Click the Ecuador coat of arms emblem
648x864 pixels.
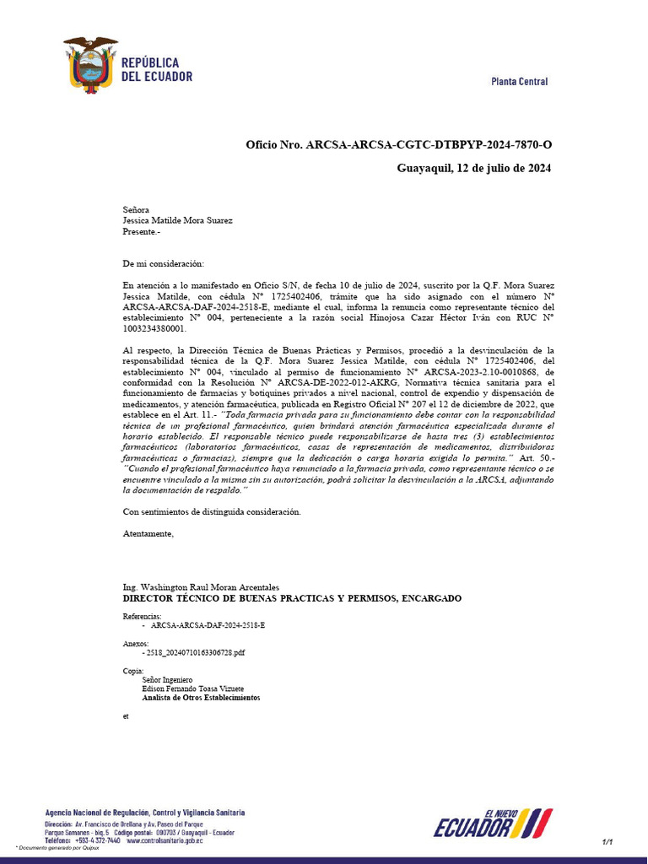pos(90,65)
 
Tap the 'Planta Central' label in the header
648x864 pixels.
pos(519,82)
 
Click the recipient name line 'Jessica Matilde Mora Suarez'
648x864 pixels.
pos(178,221)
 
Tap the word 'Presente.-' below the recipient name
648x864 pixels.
pos(141,232)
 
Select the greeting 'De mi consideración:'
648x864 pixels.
pos(163,264)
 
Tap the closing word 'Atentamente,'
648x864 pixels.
pos(148,533)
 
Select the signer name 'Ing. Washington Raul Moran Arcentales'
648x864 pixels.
pos(201,587)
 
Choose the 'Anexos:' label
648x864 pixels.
pos(136,643)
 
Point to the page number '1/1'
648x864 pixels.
pos(607,842)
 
